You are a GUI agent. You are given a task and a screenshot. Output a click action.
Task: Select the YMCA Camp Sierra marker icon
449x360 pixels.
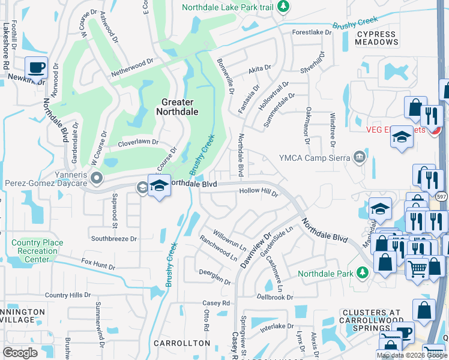click(360, 158)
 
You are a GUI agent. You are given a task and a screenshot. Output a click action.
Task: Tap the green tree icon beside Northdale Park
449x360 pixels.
click(362, 274)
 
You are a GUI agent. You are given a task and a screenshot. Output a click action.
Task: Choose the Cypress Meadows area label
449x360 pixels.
click(376, 38)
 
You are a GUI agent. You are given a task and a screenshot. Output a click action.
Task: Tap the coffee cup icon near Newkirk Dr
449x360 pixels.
click(36, 68)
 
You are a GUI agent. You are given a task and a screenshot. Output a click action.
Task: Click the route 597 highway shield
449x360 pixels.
click(441, 196)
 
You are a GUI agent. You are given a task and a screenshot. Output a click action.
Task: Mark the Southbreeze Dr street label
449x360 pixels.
click(114, 238)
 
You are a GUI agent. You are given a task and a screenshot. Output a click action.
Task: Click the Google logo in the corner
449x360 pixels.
click(20, 353)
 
